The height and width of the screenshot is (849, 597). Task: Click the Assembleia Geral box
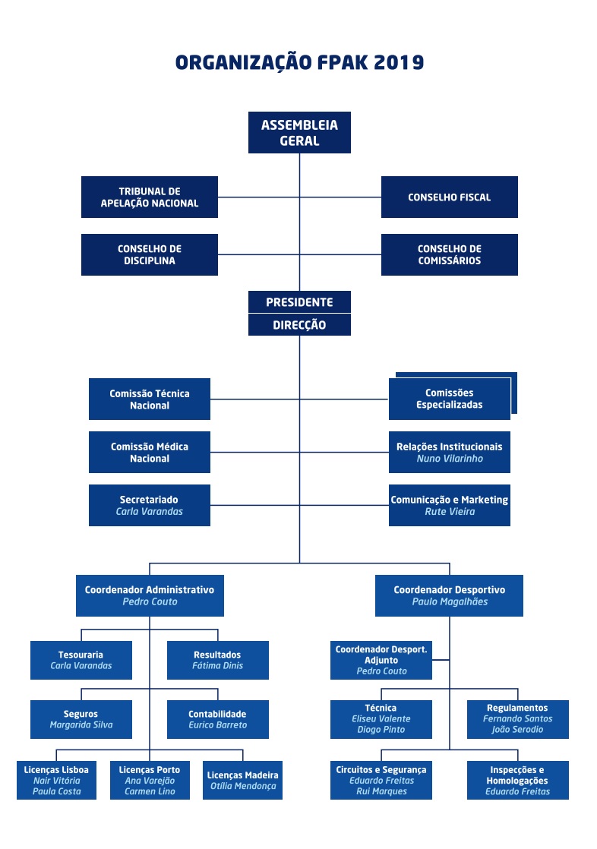(x=299, y=133)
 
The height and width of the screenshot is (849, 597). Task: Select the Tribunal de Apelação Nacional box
(x=150, y=197)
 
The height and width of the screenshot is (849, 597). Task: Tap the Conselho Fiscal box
(x=450, y=197)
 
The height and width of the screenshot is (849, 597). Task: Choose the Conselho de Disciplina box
(x=150, y=254)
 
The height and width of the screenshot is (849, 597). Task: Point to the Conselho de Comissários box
(x=450, y=254)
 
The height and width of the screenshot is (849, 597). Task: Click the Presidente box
(x=299, y=302)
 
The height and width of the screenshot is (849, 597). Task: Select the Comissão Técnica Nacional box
(x=150, y=399)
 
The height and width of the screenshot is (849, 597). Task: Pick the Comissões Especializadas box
(x=449, y=399)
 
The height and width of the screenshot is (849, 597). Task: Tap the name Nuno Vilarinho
(x=450, y=459)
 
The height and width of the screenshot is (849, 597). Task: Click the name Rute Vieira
(x=450, y=512)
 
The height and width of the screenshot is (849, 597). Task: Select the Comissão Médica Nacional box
(x=150, y=453)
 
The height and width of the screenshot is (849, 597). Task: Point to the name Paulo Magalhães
(x=450, y=602)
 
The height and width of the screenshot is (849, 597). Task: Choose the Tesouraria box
(x=81, y=660)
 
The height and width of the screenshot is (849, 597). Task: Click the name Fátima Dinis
(x=218, y=666)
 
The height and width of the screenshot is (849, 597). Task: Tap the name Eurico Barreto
(x=218, y=725)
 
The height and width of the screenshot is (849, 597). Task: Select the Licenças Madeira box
(x=243, y=780)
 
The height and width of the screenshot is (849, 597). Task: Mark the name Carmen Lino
(x=150, y=791)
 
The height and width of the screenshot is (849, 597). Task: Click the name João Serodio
(x=518, y=730)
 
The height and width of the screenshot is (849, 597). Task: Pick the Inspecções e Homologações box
(x=518, y=780)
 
